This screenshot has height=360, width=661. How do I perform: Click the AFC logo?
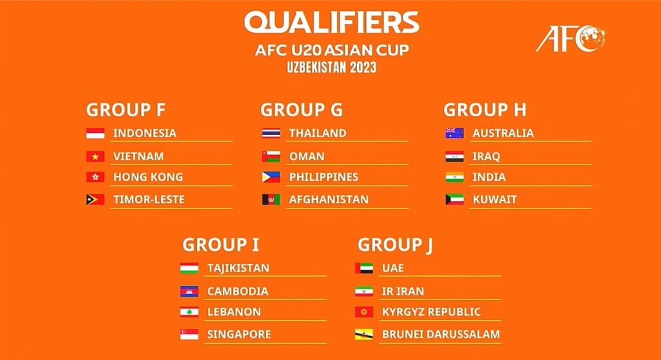coord(571,39)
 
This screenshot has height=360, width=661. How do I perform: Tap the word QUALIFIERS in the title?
coord(332,23)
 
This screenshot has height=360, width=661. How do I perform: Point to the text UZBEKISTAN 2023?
coord(332,68)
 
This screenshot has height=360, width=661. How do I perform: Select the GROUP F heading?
coord(126,110)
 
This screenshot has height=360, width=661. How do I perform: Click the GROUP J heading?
coord(395,245)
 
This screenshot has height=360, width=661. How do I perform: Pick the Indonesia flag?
coord(96,133)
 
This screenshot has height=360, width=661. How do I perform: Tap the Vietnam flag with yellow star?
coord(96,156)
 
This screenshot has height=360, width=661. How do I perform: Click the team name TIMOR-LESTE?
coord(149,199)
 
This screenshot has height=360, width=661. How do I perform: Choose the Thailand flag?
coord(271,133)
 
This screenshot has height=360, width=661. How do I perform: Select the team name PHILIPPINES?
coord(324,177)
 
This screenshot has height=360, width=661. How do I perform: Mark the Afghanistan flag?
coord(271,199)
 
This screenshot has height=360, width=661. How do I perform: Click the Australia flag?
coord(454,133)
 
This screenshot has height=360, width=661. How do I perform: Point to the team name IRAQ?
coord(486,156)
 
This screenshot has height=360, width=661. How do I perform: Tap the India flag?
coord(454,177)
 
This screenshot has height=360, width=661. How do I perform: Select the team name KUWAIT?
coord(494,199)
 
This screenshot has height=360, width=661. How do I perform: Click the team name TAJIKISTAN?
coord(238,268)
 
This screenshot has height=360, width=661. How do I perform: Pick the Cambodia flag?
coord(189,291)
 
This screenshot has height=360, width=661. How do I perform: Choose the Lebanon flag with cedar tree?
coord(189,312)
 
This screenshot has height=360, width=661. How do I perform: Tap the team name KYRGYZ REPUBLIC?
coord(431,312)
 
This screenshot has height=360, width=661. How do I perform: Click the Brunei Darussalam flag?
coord(364,334)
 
